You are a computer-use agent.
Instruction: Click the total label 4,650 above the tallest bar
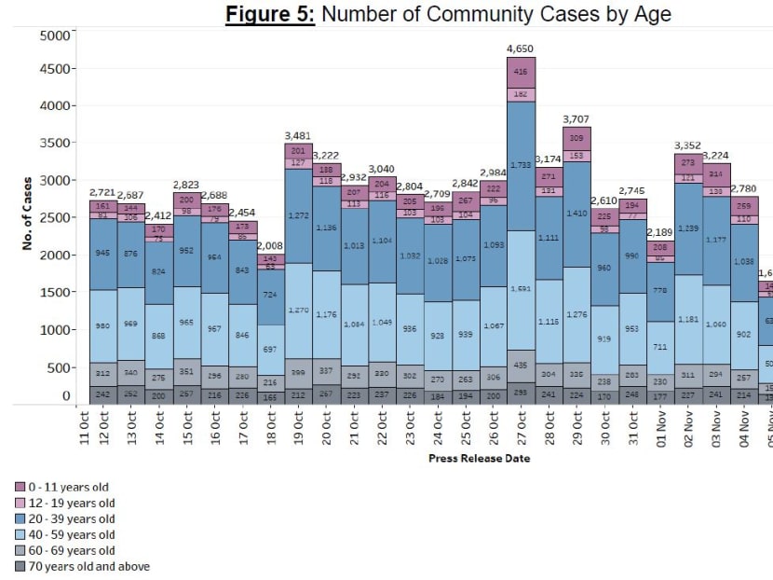tap(521, 48)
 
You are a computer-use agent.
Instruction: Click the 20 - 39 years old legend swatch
tap(20, 518)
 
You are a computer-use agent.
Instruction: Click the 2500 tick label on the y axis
tap(56, 217)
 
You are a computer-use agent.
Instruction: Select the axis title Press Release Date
tap(479, 459)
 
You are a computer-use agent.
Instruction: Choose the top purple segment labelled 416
tap(521, 72)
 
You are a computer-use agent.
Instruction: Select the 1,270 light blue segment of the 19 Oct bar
tap(297, 310)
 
